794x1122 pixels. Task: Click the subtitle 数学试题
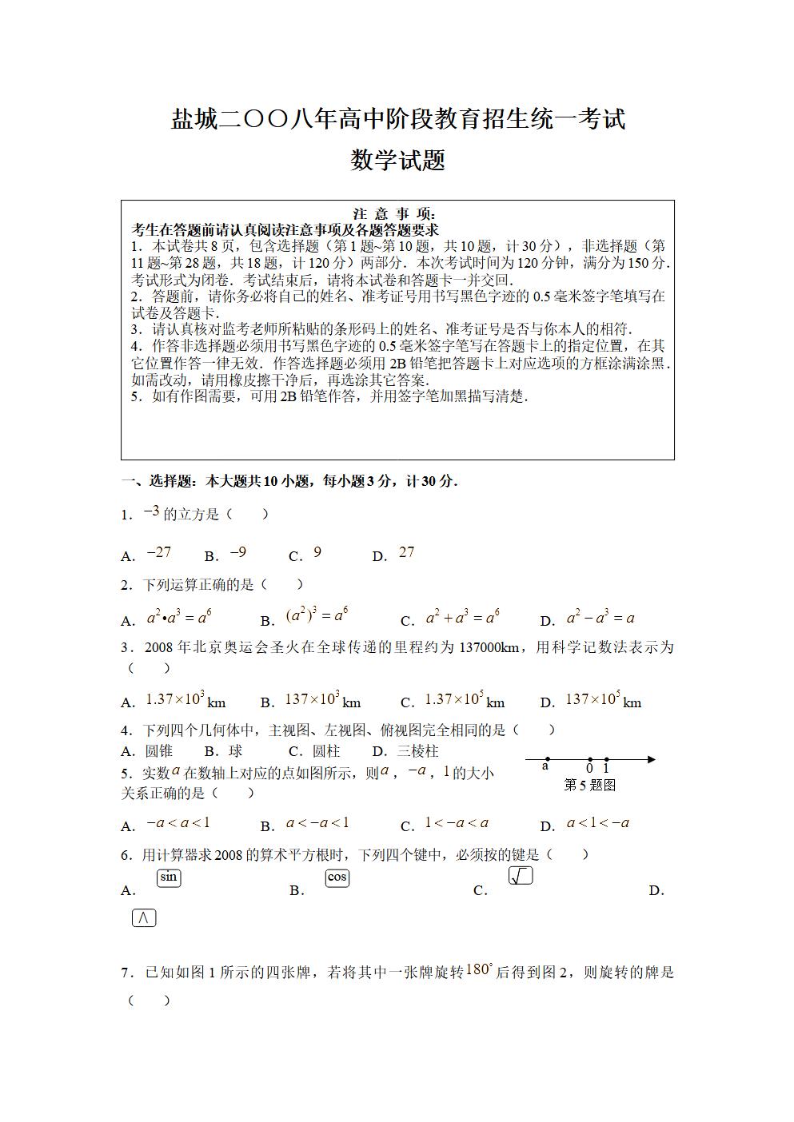click(x=397, y=161)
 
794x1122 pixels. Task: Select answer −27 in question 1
click(x=159, y=553)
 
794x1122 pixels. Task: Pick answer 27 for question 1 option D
click(x=407, y=553)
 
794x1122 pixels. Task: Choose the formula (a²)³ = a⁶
click(x=317, y=616)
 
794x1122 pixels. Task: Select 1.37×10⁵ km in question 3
click(x=464, y=700)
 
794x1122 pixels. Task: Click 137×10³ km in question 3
click(x=322, y=700)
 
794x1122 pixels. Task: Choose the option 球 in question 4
click(x=235, y=751)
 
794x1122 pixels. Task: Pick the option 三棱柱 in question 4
click(x=418, y=751)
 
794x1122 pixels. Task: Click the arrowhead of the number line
click(x=651, y=759)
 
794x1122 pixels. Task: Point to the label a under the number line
click(x=545, y=767)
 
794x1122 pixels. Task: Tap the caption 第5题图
click(x=590, y=785)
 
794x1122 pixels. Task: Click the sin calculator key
click(x=169, y=877)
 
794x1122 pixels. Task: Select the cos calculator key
click(x=337, y=877)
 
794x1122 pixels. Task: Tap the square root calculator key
click(x=521, y=877)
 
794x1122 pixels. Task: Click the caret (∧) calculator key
click(x=144, y=918)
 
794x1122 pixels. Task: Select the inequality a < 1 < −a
click(x=597, y=823)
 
